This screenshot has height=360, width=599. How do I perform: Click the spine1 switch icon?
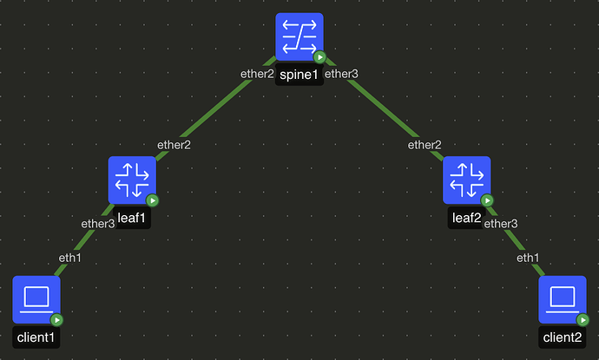(299, 36)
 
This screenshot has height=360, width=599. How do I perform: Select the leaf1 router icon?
(132, 180)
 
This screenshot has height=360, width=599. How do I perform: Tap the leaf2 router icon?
(466, 180)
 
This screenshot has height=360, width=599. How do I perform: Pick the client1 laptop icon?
(36, 298)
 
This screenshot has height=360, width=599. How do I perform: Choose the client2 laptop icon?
(562, 298)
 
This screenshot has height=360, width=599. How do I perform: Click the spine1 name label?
(299, 75)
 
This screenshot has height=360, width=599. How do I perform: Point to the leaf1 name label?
(131, 218)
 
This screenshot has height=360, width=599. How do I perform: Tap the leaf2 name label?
(464, 218)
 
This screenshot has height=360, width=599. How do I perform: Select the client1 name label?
(36, 337)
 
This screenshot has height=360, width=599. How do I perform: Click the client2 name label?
(562, 337)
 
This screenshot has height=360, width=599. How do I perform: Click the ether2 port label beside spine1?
(257, 74)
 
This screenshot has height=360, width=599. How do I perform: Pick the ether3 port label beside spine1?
(341, 74)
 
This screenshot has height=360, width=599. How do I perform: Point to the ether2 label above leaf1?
(174, 145)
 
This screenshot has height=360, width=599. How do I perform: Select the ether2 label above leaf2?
(425, 145)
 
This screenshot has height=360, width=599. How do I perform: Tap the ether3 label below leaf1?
(98, 224)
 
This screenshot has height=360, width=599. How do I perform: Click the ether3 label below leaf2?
(500, 224)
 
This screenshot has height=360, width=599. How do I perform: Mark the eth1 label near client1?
(69, 258)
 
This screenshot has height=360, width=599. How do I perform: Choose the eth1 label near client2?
(528, 258)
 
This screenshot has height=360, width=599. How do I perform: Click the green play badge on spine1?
(319, 57)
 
